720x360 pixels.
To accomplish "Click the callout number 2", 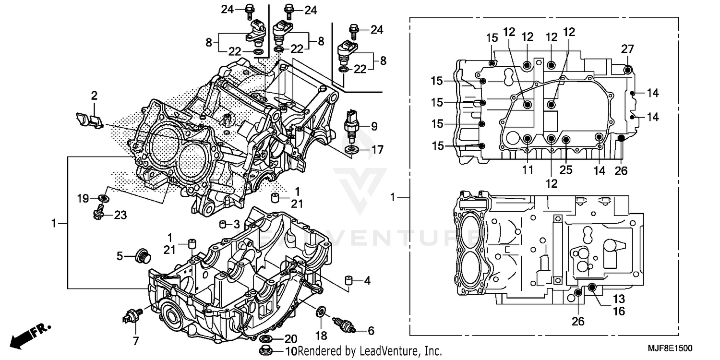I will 94,95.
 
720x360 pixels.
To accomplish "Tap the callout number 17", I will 377,150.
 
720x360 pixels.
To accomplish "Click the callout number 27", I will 627,49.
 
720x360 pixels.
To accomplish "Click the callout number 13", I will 619,299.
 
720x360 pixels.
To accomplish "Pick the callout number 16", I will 619,312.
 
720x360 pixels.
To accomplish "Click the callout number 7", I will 135,341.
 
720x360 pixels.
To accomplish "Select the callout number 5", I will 120,256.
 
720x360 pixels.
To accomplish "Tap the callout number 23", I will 120,216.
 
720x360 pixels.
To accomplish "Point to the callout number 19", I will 83,197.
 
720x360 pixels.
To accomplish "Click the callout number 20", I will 291,338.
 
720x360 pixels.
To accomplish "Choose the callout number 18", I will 321,333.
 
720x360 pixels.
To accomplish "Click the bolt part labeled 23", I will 98,212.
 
